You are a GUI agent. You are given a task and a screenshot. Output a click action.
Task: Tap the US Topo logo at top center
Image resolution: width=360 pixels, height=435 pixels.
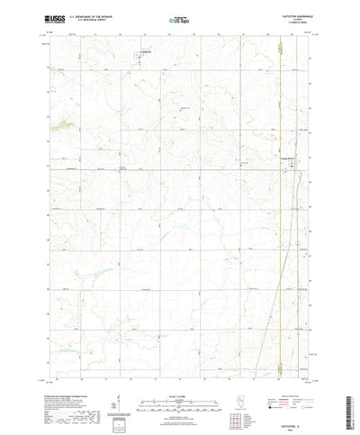(179, 19)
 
